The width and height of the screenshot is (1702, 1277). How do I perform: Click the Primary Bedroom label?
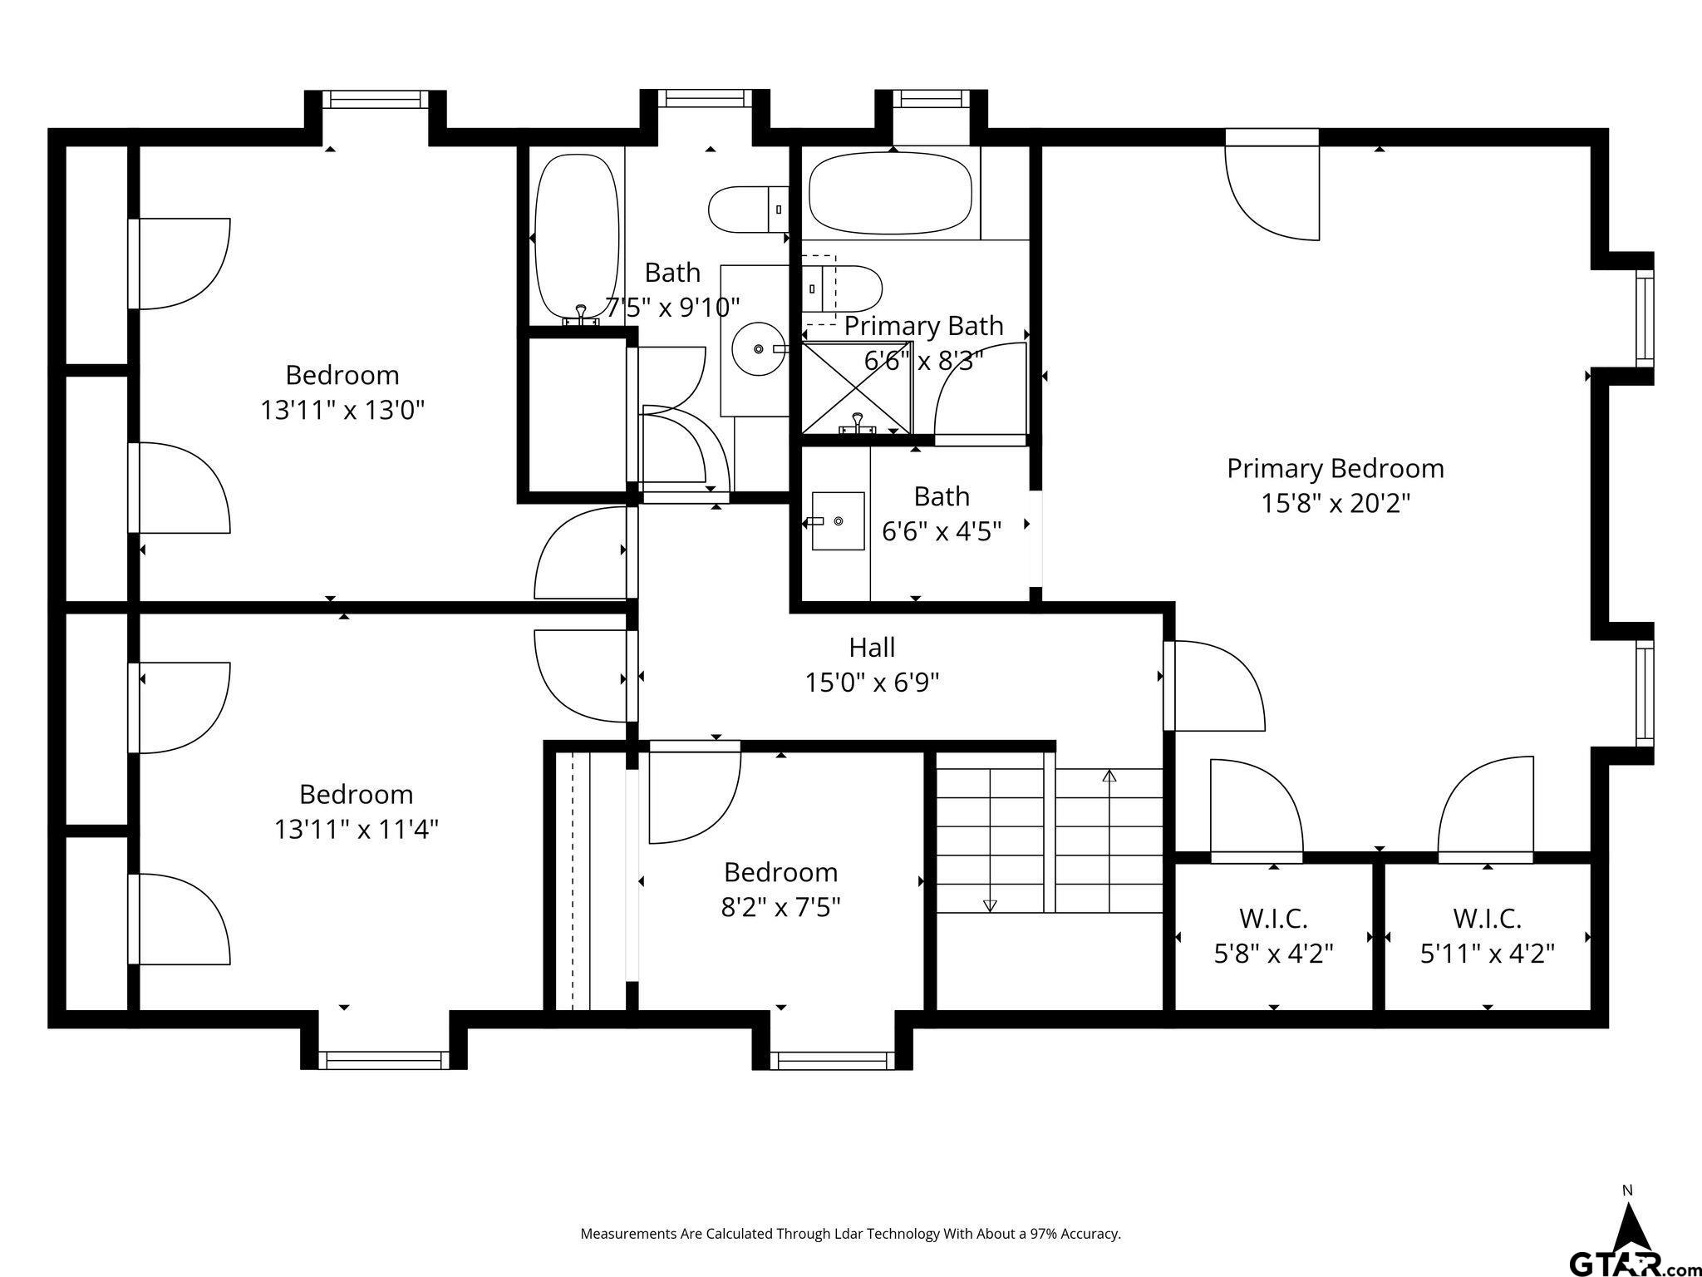click(1336, 469)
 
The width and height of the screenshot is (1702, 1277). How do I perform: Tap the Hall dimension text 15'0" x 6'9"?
click(872, 683)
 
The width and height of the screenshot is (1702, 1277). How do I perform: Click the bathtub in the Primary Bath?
click(890, 193)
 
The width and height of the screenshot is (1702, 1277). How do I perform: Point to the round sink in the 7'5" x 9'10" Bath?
click(759, 349)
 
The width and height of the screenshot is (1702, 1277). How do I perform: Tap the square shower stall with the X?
click(857, 387)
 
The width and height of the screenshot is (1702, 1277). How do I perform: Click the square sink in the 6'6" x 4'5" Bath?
click(838, 521)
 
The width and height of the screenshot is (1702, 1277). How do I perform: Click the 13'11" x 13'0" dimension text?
click(342, 410)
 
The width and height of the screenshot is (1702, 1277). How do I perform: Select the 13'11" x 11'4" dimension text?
click(357, 829)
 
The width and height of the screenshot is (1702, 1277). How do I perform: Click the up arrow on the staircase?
click(1109, 841)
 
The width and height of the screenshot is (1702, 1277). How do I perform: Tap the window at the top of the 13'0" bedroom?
click(375, 100)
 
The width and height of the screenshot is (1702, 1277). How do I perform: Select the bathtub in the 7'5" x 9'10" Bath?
click(577, 238)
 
